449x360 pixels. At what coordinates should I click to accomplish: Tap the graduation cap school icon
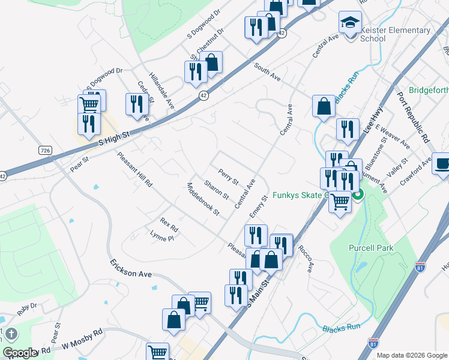[349, 22]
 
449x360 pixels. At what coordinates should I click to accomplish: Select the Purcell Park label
[371, 248]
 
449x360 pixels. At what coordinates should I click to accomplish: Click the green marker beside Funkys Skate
[358, 194]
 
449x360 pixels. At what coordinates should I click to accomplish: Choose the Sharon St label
[216, 189]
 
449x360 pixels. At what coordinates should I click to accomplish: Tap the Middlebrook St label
[203, 199]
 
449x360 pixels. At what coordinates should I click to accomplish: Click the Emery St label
[259, 206]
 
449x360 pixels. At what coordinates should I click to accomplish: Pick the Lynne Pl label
[161, 238]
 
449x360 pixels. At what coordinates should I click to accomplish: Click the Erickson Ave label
[130, 270]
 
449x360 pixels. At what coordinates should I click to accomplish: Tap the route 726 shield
[45, 149]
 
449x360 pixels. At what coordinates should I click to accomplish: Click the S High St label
[114, 137]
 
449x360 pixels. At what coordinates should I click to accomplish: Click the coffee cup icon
[442, 163]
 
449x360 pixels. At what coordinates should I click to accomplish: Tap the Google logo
[20, 353]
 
